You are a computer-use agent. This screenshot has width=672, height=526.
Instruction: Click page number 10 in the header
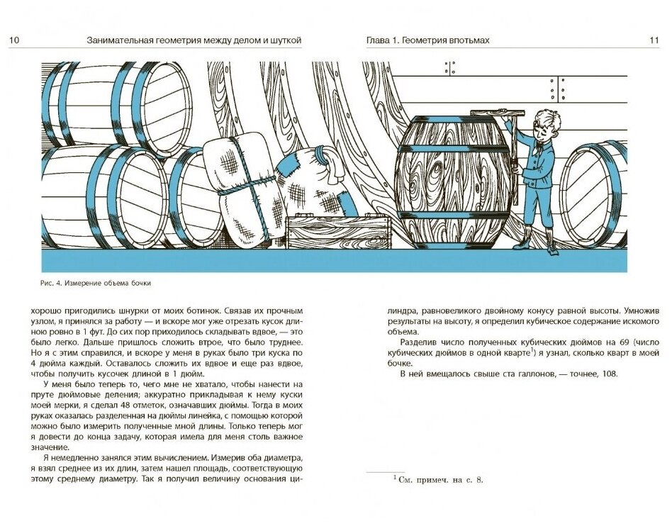click(x=14, y=40)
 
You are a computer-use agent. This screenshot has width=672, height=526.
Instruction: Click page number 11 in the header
click(x=654, y=40)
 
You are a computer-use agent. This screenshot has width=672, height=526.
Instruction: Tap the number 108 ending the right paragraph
click(x=610, y=374)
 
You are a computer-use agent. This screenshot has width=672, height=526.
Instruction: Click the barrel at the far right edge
click(x=595, y=195)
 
